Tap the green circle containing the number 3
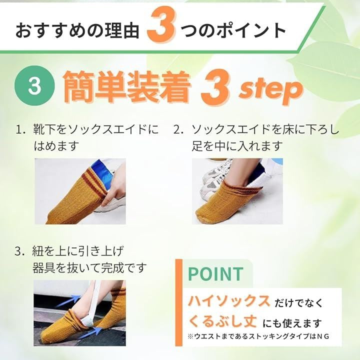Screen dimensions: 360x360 tap(34, 85)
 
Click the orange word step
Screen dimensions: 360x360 tap(271, 90)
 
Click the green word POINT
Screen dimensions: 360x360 tap(215, 273)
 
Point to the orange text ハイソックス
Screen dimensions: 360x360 tap(229, 301)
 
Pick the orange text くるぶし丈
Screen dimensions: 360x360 tap(222, 321)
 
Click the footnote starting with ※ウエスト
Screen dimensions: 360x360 tap(258, 336)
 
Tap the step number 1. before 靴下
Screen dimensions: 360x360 tap(21, 130)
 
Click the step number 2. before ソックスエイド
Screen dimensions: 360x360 tap(179, 130)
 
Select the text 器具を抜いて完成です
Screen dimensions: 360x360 tap(89, 267)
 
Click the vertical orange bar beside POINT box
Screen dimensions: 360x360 tap(179, 302)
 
